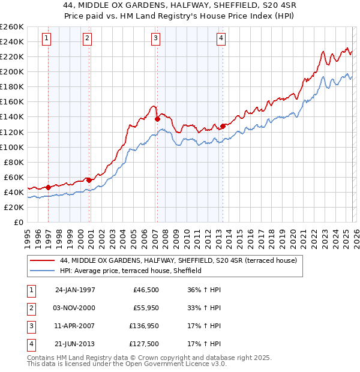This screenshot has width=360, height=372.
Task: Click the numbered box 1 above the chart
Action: point(47,39)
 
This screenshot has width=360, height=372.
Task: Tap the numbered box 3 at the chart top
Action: point(155,39)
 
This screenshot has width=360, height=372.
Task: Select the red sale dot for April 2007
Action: point(157,119)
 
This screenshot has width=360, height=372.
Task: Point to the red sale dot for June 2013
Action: point(223,126)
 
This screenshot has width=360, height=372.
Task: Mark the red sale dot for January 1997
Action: point(49,187)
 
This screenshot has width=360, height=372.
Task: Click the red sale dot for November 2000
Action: point(89,180)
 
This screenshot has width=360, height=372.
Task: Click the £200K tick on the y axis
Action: point(12,72)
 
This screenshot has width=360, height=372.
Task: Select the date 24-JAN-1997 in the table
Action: point(75,290)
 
